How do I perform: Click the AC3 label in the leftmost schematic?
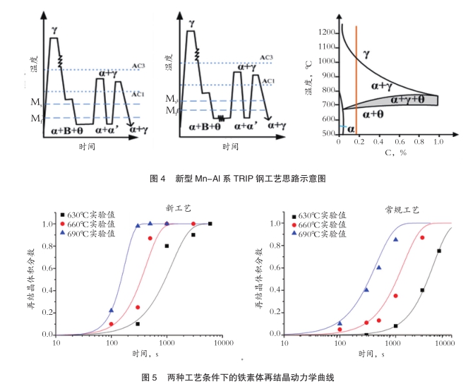click(x=138, y=66)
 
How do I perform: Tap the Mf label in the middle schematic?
click(x=171, y=111)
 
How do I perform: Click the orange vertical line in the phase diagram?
click(x=356, y=78)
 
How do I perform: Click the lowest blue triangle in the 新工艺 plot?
click(x=111, y=310)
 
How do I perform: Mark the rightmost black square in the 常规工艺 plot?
click(x=439, y=251)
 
